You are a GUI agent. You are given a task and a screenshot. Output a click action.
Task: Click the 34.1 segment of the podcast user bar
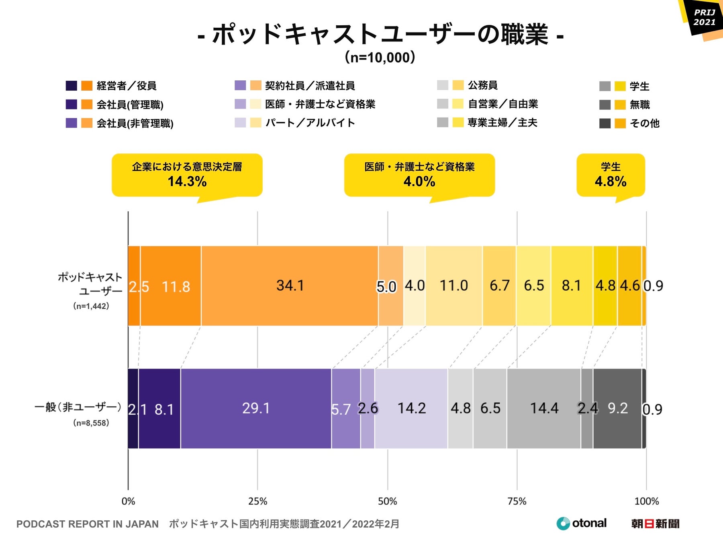click(x=290, y=285)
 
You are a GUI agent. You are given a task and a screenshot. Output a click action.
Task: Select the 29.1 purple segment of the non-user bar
click(x=256, y=408)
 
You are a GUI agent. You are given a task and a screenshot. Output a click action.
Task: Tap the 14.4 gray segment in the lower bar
click(x=544, y=408)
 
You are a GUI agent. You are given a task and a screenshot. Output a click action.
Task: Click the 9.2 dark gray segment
click(x=617, y=408)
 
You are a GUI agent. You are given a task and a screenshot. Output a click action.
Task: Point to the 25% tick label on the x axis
click(x=257, y=501)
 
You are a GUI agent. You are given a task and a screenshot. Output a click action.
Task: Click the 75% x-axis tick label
click(x=517, y=501)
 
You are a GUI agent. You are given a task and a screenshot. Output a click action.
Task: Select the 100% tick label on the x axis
click(x=646, y=501)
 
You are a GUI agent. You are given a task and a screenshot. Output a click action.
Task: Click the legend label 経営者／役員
click(x=127, y=86)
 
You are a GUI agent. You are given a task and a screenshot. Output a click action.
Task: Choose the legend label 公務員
click(x=483, y=85)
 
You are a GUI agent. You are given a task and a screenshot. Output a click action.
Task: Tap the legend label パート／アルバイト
click(x=310, y=122)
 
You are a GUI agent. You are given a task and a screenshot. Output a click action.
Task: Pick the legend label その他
click(x=645, y=123)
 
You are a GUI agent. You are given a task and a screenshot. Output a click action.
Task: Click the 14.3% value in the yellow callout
click(x=187, y=181)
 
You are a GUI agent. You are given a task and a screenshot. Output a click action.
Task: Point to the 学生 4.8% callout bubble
click(x=611, y=175)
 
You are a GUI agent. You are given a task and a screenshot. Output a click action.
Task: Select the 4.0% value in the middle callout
click(x=419, y=181)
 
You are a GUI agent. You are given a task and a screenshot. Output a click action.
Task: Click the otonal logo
click(x=582, y=523)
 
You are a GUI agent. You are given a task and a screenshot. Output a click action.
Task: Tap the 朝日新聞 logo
click(x=655, y=524)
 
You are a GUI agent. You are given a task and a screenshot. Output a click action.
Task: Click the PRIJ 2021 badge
click(x=705, y=18)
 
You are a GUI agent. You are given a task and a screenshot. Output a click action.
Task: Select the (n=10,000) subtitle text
click(x=380, y=57)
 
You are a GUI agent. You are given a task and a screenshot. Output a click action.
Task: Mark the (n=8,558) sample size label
click(x=91, y=423)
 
